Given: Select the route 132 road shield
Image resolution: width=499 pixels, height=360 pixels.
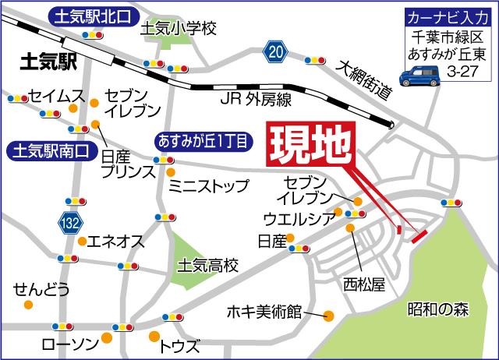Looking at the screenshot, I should [x=69, y=224].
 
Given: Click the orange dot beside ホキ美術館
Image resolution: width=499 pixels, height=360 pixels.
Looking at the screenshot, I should [x=328, y=316].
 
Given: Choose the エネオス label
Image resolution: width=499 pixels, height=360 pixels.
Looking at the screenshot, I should [x=115, y=242].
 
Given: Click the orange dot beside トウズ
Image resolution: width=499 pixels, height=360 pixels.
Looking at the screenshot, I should [x=152, y=337].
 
